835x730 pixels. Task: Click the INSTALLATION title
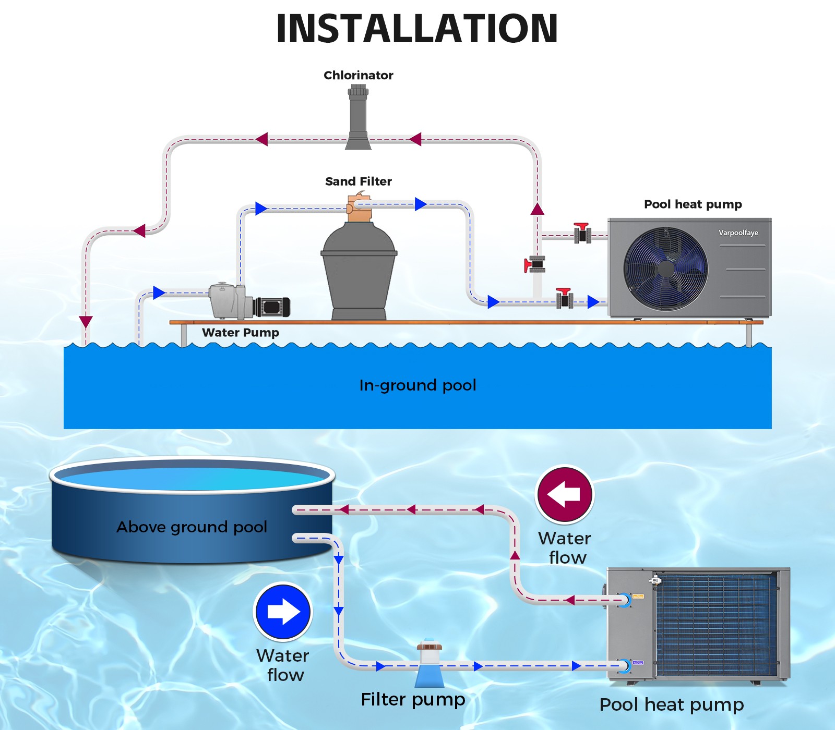pos(417,29)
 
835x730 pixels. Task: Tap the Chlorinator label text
pos(358,75)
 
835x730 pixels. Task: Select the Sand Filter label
pos(358,181)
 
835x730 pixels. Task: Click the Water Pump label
pos(240,333)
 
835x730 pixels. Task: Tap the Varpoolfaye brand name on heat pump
pos(738,233)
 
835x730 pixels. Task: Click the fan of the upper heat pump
pos(665,269)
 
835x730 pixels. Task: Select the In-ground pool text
pos(417,385)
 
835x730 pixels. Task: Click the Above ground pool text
pos(192,527)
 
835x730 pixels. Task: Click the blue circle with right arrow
pos(283,612)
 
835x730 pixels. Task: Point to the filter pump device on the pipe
pos(430,663)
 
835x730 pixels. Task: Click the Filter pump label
pos(413,700)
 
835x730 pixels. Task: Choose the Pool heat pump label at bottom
pos(671,705)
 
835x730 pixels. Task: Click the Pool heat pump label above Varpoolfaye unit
pos(693,204)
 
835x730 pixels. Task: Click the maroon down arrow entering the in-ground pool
pos(86,322)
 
